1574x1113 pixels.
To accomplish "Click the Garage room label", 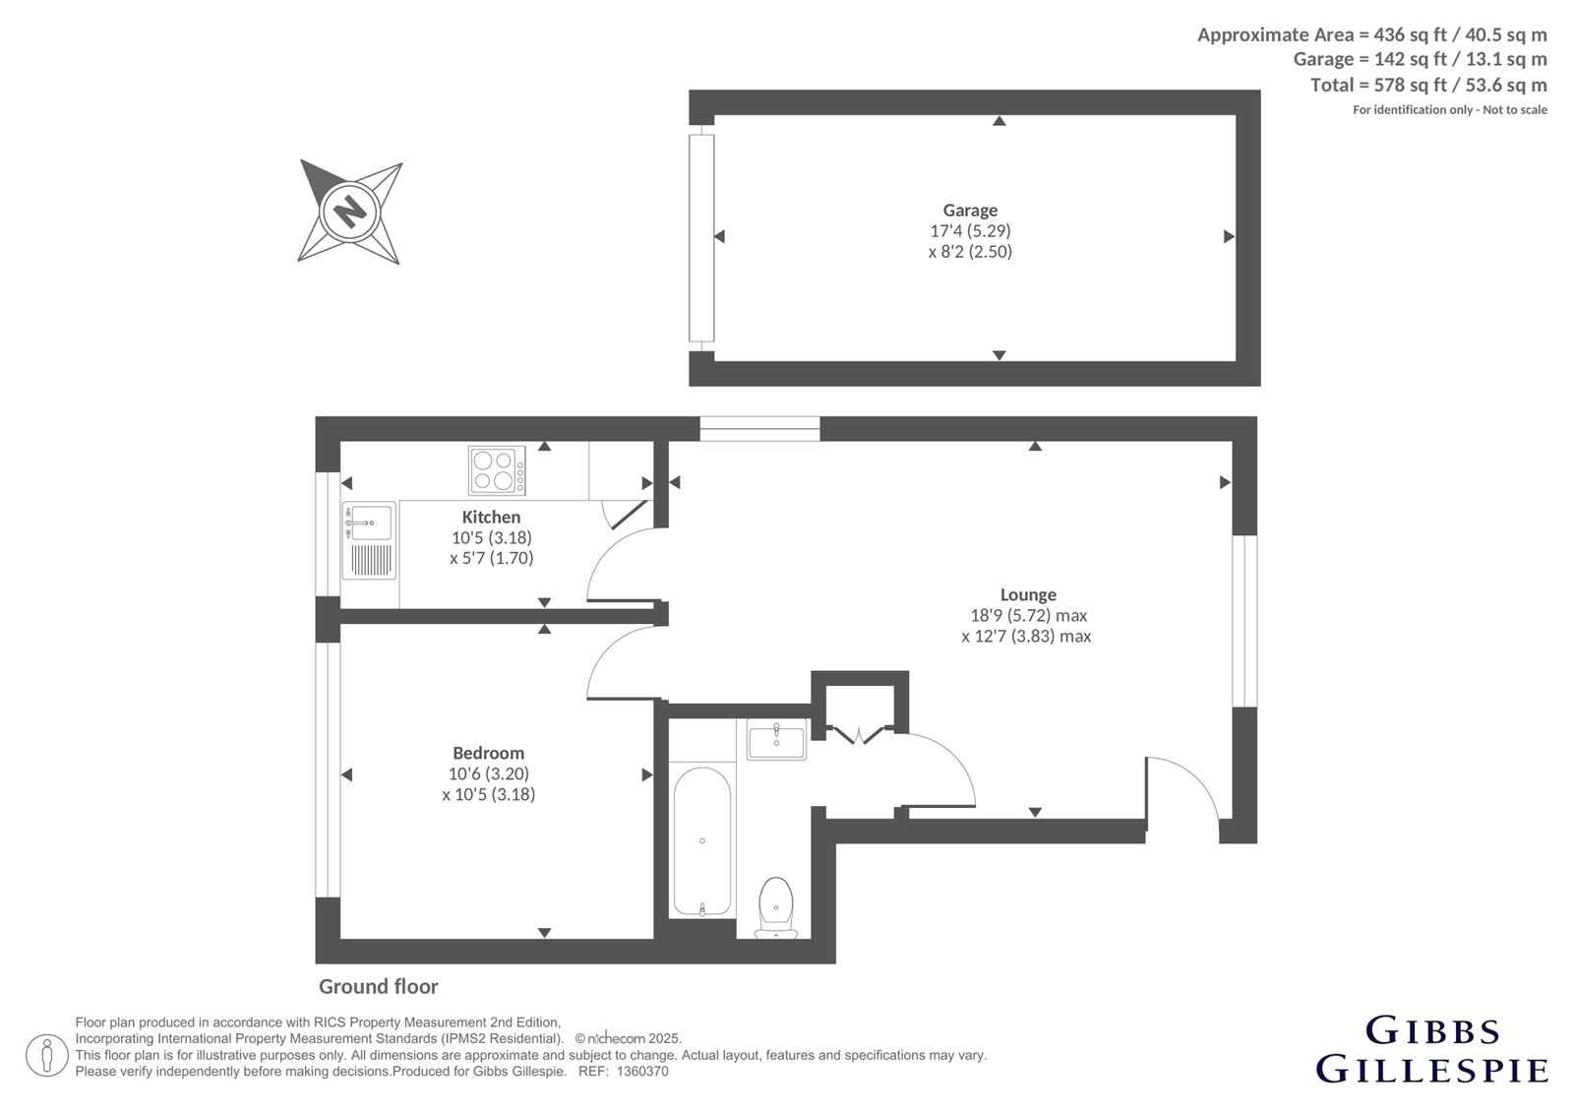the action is pos(970,210).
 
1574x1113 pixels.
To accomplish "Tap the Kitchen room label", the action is pos(491,517).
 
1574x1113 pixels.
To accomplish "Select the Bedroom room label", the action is pos(488,753).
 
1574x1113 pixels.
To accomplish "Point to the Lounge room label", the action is pos(1028,594).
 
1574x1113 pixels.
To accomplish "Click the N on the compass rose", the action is pos(350,211).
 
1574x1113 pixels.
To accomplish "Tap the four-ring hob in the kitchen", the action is pos(497,470).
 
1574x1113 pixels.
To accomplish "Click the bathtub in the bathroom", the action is pos(702,841).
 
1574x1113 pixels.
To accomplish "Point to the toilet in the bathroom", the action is pos(776,907).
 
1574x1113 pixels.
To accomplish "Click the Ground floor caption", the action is pos(378,986).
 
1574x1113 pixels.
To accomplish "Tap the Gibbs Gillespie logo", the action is pos(1431,1051).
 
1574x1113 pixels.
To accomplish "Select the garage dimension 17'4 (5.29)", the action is pos(970,230).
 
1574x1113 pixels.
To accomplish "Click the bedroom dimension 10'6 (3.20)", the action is pos(488,773).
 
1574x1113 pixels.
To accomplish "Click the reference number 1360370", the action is pos(642,1072).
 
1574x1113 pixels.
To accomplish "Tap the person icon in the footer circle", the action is pos(46,1055).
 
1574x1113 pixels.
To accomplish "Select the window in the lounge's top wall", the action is pos(759,429).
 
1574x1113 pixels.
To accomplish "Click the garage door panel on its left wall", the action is pos(701,237).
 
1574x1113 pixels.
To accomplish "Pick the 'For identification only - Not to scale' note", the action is pos(1450,109).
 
